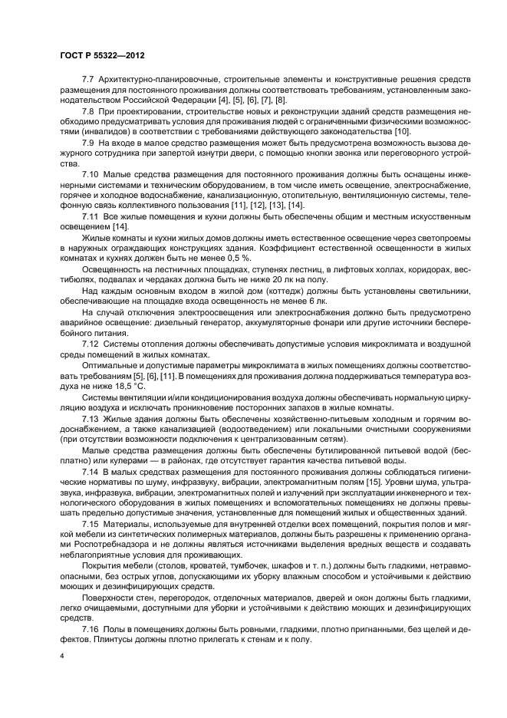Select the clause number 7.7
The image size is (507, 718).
[x=87, y=79]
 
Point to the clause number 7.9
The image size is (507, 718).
[x=87, y=143]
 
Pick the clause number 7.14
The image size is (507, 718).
[x=90, y=469]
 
